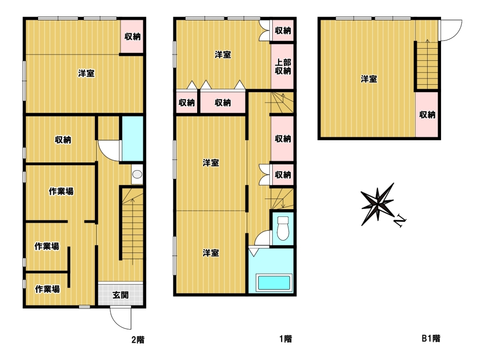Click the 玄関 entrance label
click(121, 295)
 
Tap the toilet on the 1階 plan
click(283, 228)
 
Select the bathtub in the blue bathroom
click(274, 282)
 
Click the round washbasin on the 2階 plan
click(137, 174)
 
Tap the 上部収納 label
click(283, 67)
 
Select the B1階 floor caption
click(431, 338)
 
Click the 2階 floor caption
click(138, 340)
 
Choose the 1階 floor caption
click(285, 339)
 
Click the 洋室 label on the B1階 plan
click(369, 79)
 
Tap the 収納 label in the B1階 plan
click(427, 115)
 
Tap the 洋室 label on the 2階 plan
click(86, 73)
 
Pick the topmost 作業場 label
click(61, 191)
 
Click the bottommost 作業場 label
click(47, 289)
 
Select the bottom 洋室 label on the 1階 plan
click(211, 253)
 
